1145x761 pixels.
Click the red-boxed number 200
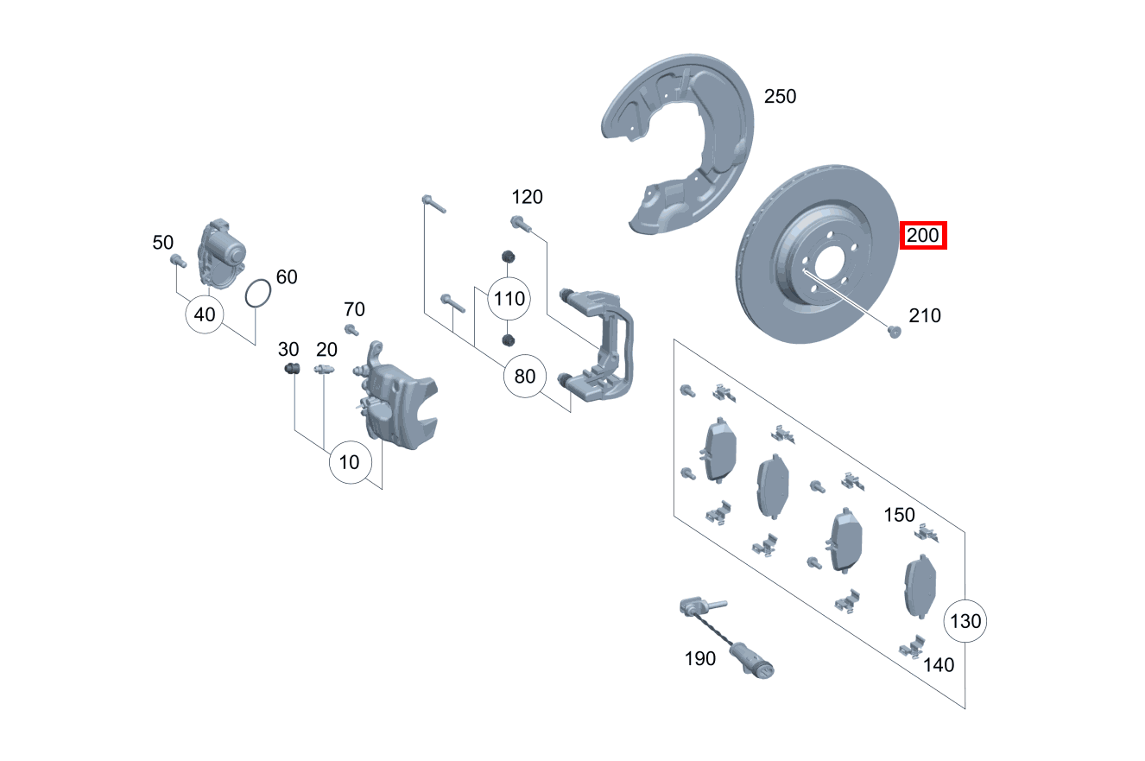click(923, 235)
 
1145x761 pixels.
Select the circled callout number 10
click(349, 462)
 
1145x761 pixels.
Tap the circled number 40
click(205, 314)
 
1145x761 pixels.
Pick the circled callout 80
click(525, 376)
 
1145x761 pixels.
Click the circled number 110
click(509, 299)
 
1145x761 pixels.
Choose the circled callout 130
click(965, 620)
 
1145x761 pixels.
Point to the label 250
click(780, 96)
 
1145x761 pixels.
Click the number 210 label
click(925, 316)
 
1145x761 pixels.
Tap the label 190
click(699, 659)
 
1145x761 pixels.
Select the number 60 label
click(287, 277)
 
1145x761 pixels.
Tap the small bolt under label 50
click(178, 259)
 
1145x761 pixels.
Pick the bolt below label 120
click(521, 225)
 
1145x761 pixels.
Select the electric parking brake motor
click(221, 251)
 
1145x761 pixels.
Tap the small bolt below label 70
click(351, 330)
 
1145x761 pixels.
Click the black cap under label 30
click(291, 371)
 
